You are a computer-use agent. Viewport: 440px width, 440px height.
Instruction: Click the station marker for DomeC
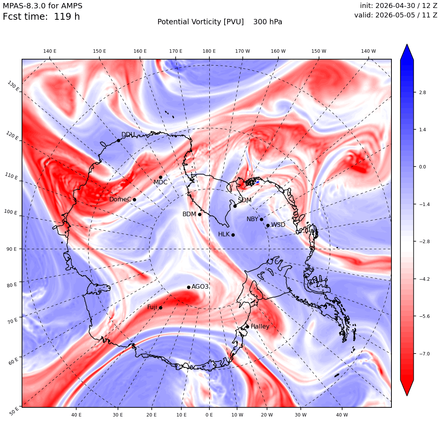click(134, 200)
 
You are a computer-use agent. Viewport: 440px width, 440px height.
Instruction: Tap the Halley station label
click(260, 326)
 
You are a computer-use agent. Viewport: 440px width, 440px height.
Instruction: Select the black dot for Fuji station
click(160, 308)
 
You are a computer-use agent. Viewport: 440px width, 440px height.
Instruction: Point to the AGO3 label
click(200, 286)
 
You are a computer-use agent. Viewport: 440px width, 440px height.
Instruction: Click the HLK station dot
click(233, 235)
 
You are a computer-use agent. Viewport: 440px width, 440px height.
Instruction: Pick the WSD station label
click(278, 225)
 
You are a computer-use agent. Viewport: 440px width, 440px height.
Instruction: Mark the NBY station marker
click(261, 220)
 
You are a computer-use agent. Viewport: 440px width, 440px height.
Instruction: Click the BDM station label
click(189, 214)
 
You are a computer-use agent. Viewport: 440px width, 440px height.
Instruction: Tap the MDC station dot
click(160, 178)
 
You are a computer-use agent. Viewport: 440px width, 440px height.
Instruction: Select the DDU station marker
click(118, 140)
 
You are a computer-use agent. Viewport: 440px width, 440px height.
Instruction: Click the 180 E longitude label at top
click(209, 51)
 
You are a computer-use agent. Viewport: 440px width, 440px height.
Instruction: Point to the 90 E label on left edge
click(11, 249)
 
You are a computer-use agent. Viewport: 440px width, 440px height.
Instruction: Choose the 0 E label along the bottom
click(209, 415)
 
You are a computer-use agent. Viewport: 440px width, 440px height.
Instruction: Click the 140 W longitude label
click(368, 51)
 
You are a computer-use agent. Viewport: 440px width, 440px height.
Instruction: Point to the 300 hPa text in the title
click(268, 22)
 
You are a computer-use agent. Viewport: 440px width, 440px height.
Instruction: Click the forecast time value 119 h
click(67, 17)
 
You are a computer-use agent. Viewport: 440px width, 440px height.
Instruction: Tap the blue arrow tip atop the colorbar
click(407, 44)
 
